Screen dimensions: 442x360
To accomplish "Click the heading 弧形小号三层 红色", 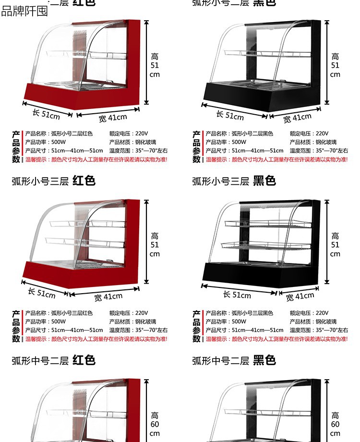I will click(x=53, y=181).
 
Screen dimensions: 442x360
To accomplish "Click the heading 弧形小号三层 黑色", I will click(x=234, y=181).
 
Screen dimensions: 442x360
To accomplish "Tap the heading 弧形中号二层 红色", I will click(x=53, y=360).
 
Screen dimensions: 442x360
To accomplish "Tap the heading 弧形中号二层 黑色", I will click(x=234, y=360).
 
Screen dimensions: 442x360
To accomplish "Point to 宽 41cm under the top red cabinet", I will click(x=113, y=117).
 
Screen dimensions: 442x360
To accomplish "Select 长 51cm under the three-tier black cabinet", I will click(x=237, y=294).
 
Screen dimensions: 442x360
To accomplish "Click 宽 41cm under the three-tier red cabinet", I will click(x=108, y=297).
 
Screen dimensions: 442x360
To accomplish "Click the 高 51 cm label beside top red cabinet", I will click(x=155, y=65).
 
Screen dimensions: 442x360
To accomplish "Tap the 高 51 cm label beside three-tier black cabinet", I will click(x=335, y=245).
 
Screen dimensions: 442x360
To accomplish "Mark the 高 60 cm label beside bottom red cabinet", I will click(x=155, y=424).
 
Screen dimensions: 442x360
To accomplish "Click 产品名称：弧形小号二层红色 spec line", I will click(x=59, y=133).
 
